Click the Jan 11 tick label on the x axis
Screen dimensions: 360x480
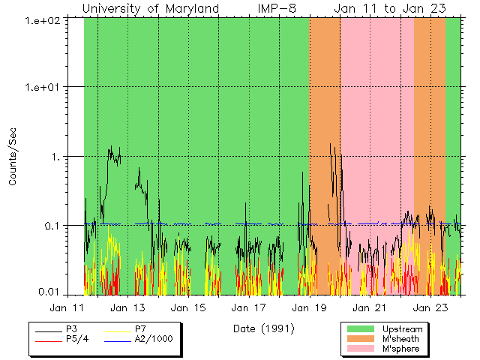[66, 307]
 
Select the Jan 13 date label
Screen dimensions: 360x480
[127, 307]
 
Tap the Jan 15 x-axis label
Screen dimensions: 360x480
[187, 307]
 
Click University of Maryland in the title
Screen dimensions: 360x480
[150, 8]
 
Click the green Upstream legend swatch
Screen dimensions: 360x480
[360, 329]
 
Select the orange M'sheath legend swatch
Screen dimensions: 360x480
[360, 339]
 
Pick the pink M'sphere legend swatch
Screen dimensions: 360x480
[360, 349]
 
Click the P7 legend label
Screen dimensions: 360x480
[140, 329]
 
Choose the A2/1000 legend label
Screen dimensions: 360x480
[154, 339]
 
